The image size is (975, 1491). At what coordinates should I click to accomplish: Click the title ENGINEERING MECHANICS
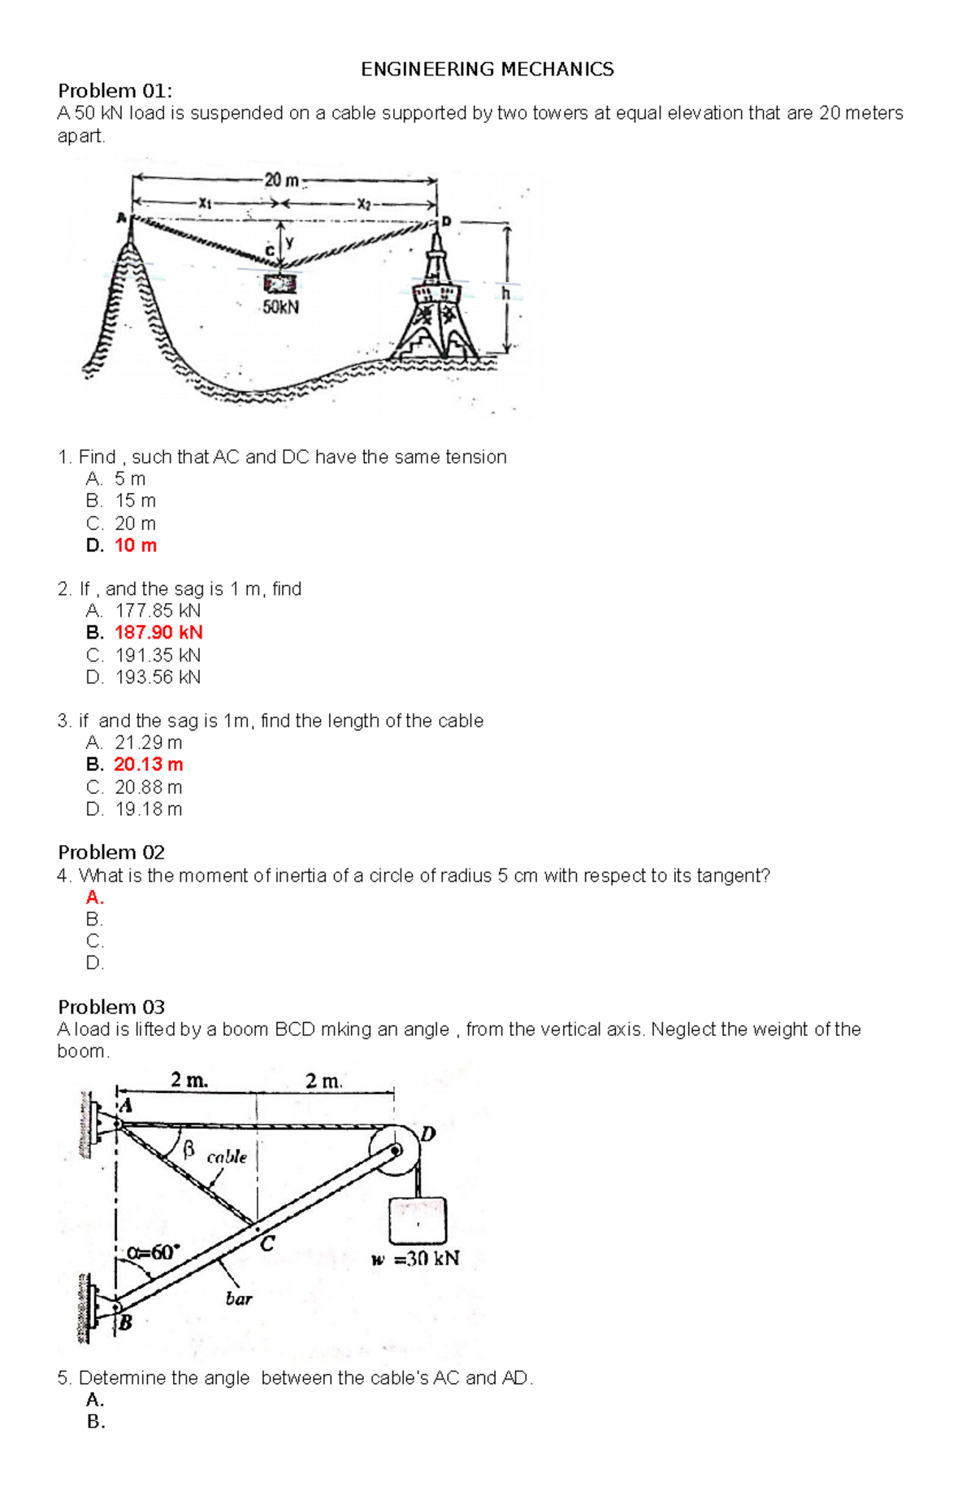(487, 69)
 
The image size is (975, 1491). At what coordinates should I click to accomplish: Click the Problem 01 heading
(115, 90)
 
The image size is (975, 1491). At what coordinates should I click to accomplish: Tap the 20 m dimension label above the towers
(281, 180)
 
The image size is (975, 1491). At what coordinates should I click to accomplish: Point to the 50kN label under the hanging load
(280, 307)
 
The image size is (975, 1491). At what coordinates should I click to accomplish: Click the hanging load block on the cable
(280, 283)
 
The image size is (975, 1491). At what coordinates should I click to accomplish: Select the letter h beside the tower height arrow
(505, 293)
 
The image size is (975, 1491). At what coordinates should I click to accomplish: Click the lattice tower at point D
(438, 301)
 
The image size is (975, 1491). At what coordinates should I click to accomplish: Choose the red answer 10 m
(136, 545)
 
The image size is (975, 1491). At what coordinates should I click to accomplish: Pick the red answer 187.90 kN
(158, 632)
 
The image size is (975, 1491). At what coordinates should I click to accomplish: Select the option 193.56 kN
(158, 677)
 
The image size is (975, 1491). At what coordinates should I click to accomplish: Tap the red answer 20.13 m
(149, 764)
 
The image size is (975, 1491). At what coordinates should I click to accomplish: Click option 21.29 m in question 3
(149, 742)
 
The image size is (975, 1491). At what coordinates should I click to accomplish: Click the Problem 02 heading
(110, 852)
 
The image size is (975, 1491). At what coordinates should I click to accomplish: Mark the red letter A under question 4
(94, 897)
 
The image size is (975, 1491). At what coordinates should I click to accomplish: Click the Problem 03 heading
(110, 1007)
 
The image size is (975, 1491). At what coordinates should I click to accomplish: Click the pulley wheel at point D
(395, 1150)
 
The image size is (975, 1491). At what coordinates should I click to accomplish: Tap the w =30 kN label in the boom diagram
(415, 1259)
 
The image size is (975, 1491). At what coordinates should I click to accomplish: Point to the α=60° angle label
(151, 1252)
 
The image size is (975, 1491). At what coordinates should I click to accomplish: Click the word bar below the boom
(239, 1298)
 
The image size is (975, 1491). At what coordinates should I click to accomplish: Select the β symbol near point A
(188, 1149)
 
